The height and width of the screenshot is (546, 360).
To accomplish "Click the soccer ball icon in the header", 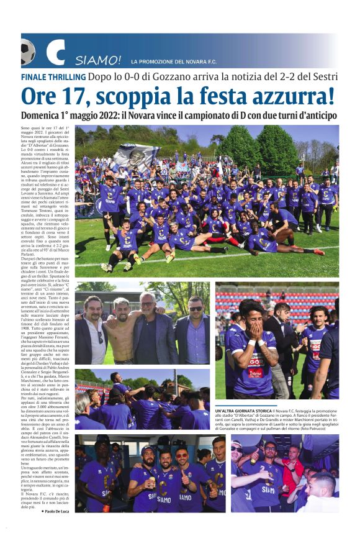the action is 27,52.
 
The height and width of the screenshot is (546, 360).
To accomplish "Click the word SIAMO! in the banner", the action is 98,61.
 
